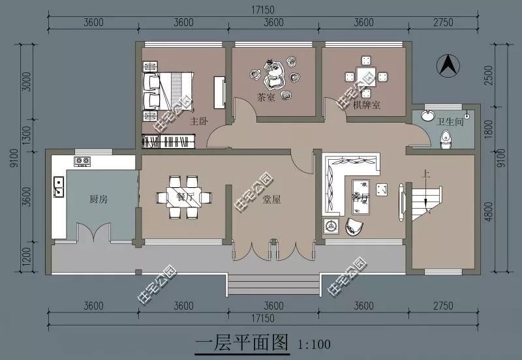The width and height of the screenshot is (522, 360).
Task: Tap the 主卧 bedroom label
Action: (199, 121)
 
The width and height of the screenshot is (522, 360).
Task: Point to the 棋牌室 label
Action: (367, 104)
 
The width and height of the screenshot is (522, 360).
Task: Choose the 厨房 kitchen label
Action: (99, 199)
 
